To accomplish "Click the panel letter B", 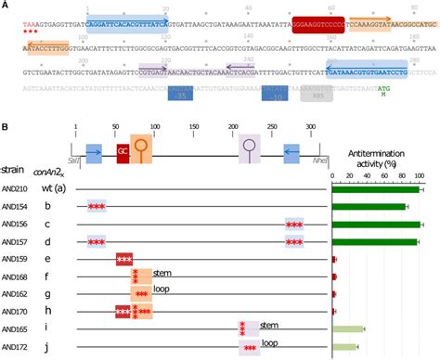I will pyautogui.click(x=6, y=127).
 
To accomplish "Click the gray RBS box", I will pyautogui.click(x=316, y=96).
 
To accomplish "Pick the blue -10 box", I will pyautogui.click(x=277, y=96).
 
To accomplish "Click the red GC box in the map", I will pyautogui.click(x=123, y=152).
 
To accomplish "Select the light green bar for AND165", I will pyautogui.click(x=349, y=328).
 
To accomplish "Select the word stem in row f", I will pyautogui.click(x=163, y=276).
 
